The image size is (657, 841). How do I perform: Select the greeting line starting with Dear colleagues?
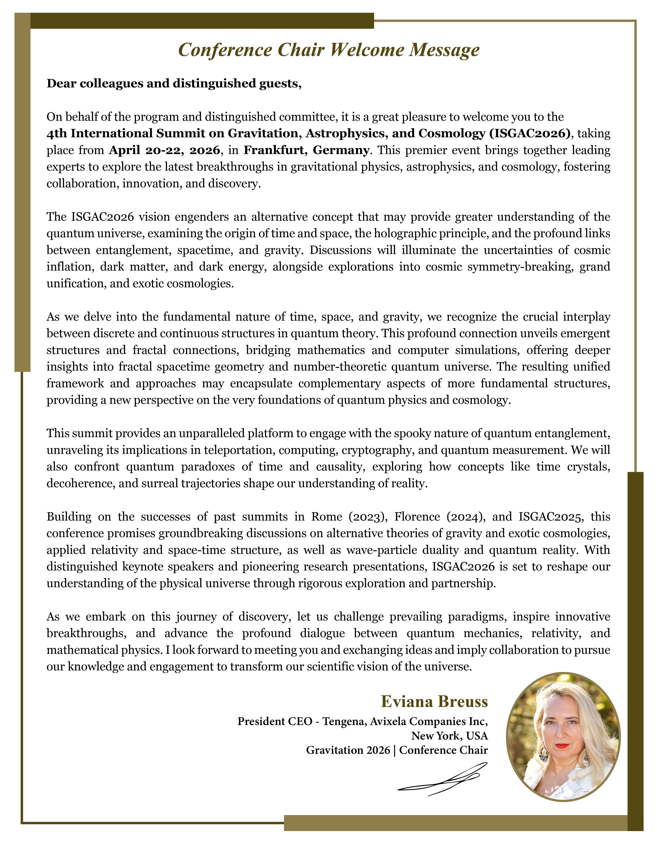174,84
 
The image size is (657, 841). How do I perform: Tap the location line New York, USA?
450,736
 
